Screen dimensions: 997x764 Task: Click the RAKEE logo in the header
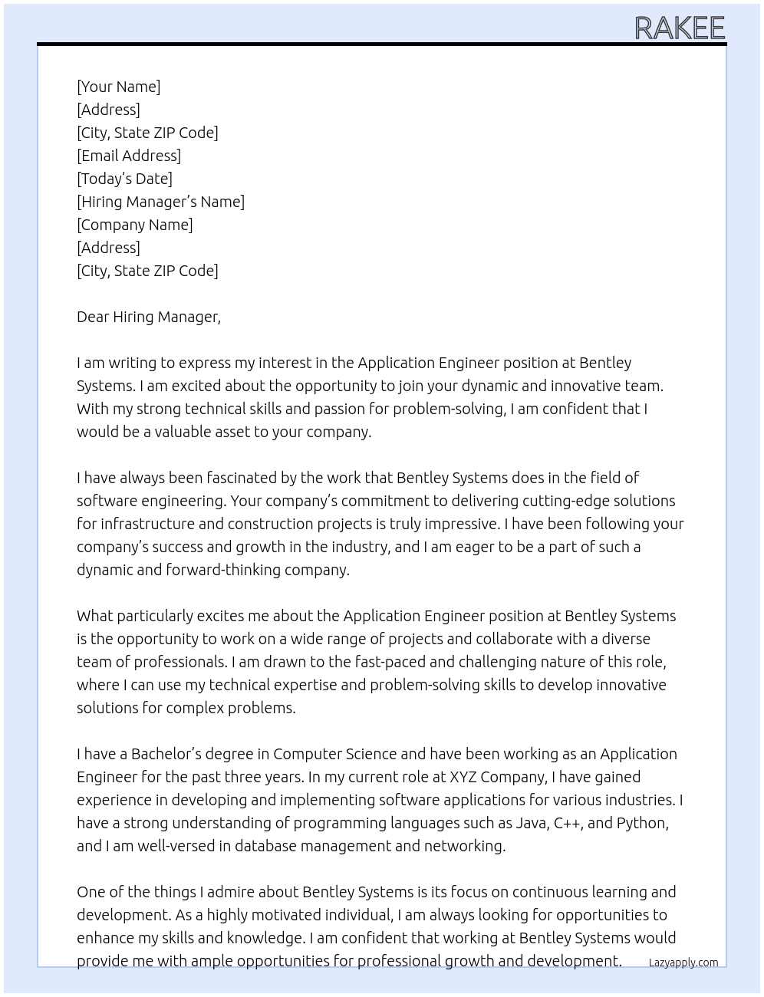tap(680, 28)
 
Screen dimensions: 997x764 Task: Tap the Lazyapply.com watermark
tap(683, 962)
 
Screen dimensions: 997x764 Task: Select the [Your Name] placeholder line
tap(118, 87)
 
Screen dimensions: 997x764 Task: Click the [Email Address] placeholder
tap(129, 156)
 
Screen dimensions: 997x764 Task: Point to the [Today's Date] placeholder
tap(124, 179)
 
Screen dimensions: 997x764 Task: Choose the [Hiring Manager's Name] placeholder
tap(160, 202)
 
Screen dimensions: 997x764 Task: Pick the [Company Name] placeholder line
tap(134, 225)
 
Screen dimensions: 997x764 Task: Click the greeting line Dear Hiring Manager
tap(148, 317)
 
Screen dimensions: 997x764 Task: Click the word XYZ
tap(463, 777)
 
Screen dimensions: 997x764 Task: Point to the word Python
tap(642, 823)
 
